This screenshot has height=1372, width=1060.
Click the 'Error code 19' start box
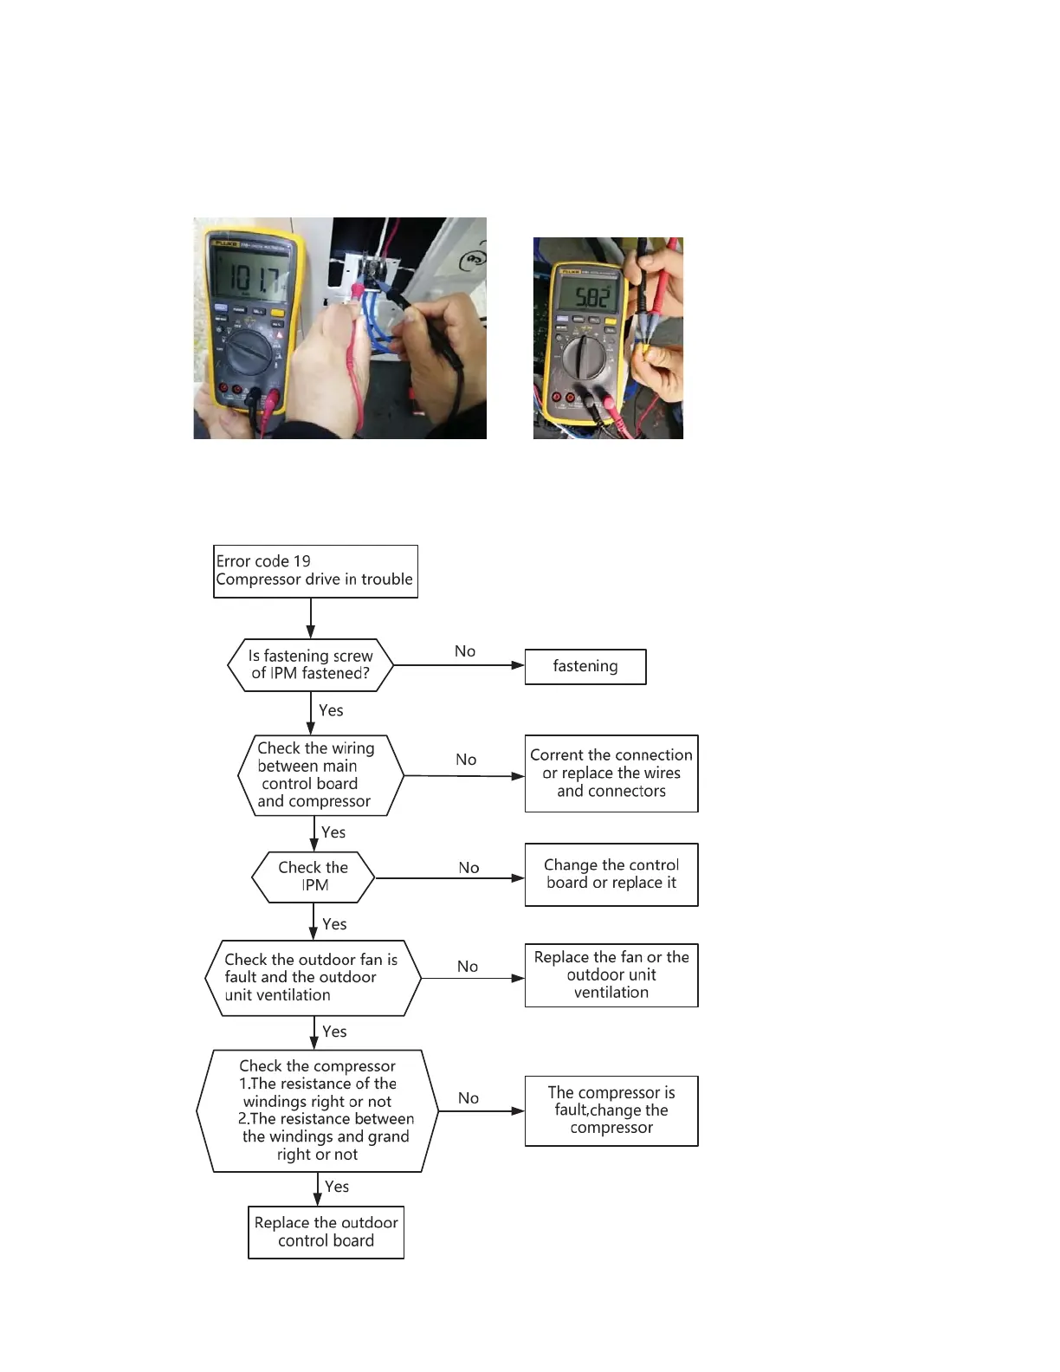[x=315, y=571]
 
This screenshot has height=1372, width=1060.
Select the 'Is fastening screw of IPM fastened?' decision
[x=310, y=665]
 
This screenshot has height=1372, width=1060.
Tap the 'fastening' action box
[x=585, y=666]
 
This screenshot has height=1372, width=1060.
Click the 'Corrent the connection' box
[x=611, y=773]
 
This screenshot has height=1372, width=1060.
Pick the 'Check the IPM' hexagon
[x=313, y=877]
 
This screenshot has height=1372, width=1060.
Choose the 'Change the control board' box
[x=611, y=874]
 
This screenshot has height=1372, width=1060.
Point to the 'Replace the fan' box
[x=611, y=975]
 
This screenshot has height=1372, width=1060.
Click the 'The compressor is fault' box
[x=611, y=1110]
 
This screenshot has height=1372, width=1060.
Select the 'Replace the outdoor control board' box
[x=326, y=1232]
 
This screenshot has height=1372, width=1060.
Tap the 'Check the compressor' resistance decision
[x=317, y=1110]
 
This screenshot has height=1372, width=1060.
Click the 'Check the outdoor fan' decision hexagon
[x=313, y=978]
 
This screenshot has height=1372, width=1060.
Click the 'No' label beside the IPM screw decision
[x=465, y=651]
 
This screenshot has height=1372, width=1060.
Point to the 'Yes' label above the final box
[x=337, y=1187]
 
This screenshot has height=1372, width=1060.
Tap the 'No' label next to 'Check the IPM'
[x=469, y=868]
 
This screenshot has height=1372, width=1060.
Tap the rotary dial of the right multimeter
[x=585, y=356]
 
